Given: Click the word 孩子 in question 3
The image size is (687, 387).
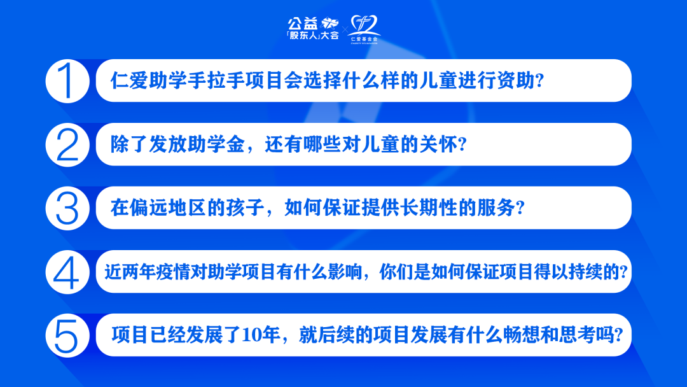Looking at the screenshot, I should [x=242, y=209].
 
